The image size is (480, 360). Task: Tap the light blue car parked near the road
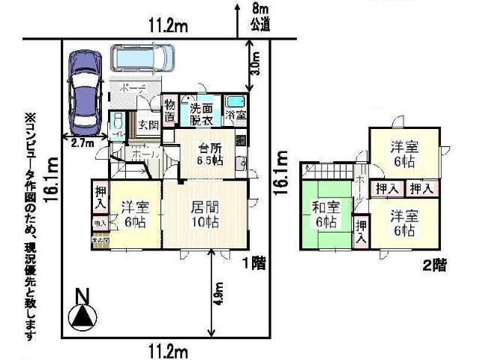142,57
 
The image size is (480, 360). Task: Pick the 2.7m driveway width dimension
77,141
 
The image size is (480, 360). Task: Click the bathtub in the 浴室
237,103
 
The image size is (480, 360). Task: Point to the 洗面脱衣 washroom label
200,113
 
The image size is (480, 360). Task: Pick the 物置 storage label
170,113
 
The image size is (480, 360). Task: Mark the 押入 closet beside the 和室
361,231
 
